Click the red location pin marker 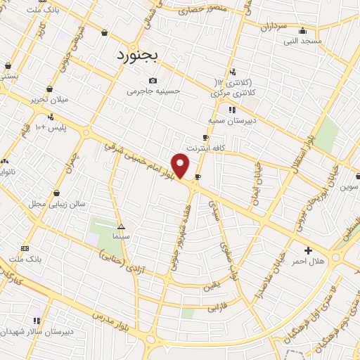181,165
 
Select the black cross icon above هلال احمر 307,250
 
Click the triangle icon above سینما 121,226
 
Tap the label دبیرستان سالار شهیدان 32,330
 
